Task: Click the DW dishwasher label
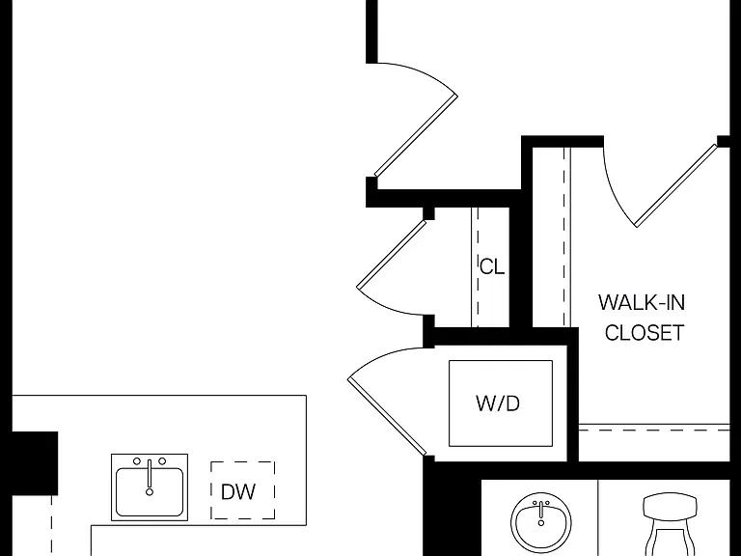click(238, 491)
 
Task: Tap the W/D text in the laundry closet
click(498, 403)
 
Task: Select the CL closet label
click(492, 267)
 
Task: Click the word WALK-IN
click(642, 302)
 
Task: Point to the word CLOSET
click(645, 333)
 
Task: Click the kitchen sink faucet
click(150, 478)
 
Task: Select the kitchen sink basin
click(150, 491)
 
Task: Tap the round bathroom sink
click(541, 523)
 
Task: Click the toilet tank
click(671, 505)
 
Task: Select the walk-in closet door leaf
click(676, 185)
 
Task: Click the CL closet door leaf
click(392, 255)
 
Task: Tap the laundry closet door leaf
click(387, 417)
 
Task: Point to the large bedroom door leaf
click(416, 136)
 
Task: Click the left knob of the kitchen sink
click(137, 461)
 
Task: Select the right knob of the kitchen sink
click(162, 461)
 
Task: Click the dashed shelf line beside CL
click(478, 267)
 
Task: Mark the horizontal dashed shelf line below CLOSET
click(654, 431)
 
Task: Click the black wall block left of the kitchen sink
click(35, 463)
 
